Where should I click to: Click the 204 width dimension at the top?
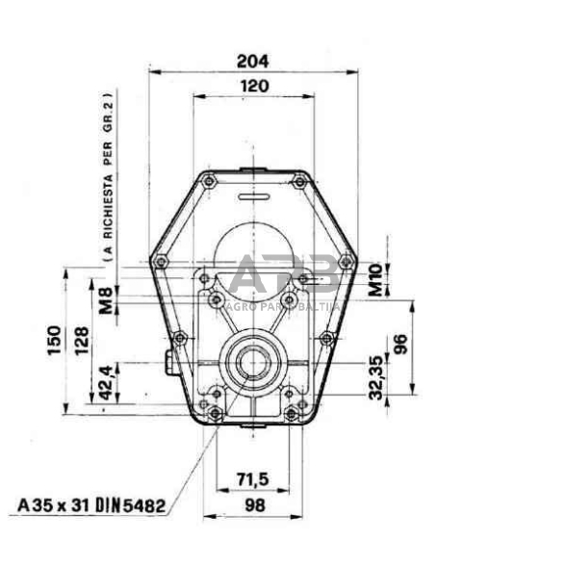(254, 61)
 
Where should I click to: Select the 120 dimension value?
(254, 85)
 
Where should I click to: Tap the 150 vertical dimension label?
(54, 338)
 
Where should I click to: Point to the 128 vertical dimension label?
(83, 338)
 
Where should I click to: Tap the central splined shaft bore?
(255, 364)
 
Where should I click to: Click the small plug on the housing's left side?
(170, 366)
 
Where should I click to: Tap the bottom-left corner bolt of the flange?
(217, 416)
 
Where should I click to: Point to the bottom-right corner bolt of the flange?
(293, 416)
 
